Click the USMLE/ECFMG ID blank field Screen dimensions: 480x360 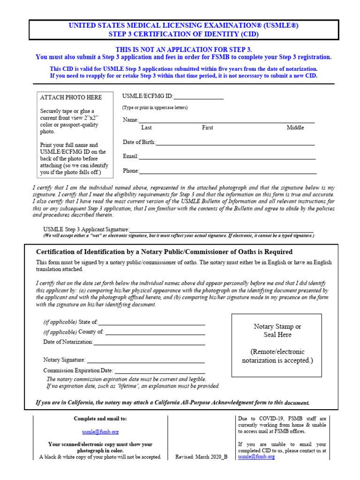pyautogui.click(x=198, y=97)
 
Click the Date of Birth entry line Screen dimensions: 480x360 pyautogui.click(x=234, y=142)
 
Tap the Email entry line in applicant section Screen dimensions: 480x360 pyautogui.click(x=227, y=157)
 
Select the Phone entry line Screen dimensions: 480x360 pyautogui.click(x=227, y=171)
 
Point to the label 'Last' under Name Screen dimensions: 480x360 pyautogui.click(x=146, y=127)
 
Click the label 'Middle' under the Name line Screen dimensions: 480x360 pyautogui.click(x=295, y=127)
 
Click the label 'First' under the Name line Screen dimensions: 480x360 pyautogui.click(x=208, y=127)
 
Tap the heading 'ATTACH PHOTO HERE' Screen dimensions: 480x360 pyautogui.click(x=71, y=97)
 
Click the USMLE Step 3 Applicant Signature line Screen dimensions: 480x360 pyautogui.click(x=221, y=230)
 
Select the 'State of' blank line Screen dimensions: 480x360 pyautogui.click(x=151, y=322)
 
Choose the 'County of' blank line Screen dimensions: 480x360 pyautogui.click(x=155, y=332)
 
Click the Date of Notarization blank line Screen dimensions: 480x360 pyautogui.click(x=149, y=342)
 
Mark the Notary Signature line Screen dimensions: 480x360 pyautogui.click(x=145, y=360)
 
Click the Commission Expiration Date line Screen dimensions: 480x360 pyautogui.click(x=159, y=371)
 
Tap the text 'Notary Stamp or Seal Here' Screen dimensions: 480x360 pyautogui.click(x=277, y=330)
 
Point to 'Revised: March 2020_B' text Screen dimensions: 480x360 pyautogui.click(x=201, y=457)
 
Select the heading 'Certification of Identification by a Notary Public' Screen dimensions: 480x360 pyautogui.click(x=164, y=252)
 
